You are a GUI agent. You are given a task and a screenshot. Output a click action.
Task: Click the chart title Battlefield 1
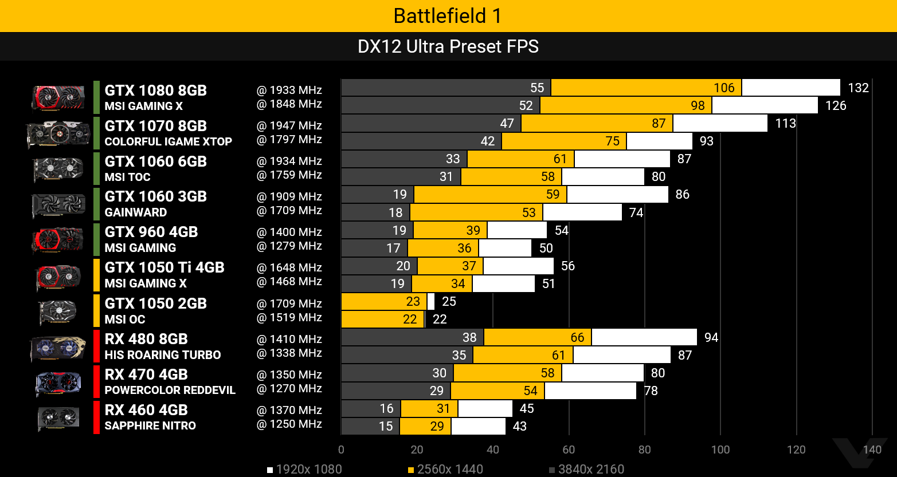pos(448,15)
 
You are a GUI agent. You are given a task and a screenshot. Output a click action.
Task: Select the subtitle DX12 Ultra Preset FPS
pos(448,46)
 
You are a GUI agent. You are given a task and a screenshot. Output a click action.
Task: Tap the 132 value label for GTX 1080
pos(858,88)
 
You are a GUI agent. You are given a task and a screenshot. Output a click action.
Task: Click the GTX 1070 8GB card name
pos(155,126)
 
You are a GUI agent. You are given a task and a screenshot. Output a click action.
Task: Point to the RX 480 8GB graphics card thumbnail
pos(57,348)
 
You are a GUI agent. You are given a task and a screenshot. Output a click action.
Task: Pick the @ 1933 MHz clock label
pos(289,90)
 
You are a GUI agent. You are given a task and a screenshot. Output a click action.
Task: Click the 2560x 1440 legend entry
pos(445,470)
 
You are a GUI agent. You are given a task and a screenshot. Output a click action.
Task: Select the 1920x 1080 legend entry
pos(304,470)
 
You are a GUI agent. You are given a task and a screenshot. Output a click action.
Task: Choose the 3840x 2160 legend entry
pos(586,470)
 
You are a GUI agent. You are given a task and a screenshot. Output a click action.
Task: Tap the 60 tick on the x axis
pos(569,450)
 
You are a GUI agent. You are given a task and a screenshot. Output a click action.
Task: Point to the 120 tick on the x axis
pos(796,450)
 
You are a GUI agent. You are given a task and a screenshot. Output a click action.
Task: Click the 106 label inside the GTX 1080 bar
pos(724,88)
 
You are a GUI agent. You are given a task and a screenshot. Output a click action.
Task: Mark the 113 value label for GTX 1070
pos(785,123)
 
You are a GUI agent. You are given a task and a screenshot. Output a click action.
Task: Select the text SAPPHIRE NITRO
pos(150,425)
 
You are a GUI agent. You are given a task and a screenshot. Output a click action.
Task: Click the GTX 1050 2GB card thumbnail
pos(57,312)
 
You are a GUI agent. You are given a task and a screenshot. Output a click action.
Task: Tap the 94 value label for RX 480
pos(711,337)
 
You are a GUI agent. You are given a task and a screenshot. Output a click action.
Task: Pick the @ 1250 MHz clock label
pos(289,424)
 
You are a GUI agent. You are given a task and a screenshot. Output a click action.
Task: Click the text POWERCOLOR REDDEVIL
pos(170,390)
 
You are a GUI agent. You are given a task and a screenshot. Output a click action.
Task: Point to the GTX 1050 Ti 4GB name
pos(164,267)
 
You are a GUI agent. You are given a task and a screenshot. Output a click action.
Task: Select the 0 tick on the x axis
pos(342,450)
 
